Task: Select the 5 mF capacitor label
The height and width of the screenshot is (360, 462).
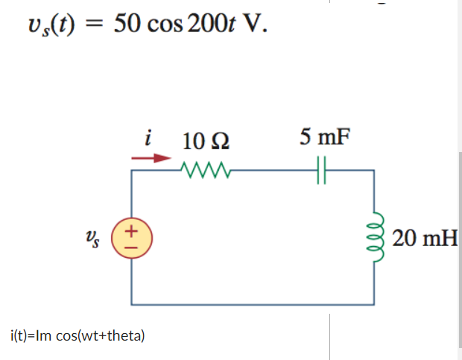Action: (x=324, y=138)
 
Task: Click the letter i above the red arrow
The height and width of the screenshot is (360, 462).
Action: (x=151, y=139)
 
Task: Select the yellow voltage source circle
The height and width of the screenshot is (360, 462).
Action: (x=131, y=239)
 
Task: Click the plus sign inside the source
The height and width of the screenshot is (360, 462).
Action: (x=131, y=231)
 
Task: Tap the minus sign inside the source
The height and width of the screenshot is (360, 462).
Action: (x=131, y=247)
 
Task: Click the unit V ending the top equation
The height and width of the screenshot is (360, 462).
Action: (x=252, y=25)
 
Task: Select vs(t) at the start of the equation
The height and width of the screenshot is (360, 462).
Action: (x=51, y=25)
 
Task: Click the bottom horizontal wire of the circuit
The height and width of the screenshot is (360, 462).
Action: (x=253, y=304)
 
